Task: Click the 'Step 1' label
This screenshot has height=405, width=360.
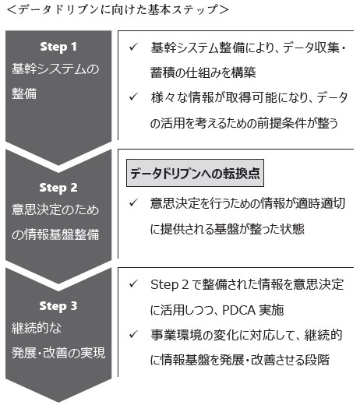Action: coord(58,48)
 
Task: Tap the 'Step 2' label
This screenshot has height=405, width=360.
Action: coord(58,188)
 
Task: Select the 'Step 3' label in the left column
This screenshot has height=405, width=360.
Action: coord(58,306)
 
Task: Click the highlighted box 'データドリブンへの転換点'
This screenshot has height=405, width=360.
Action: coord(195,173)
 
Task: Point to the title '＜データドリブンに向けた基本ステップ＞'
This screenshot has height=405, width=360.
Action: coord(118,10)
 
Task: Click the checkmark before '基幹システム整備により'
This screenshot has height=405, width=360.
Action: coord(133,47)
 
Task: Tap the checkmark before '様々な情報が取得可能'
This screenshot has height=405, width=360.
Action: coord(133,97)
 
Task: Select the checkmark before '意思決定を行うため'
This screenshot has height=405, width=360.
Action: coord(133,202)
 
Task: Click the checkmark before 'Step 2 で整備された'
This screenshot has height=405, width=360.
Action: coord(133,283)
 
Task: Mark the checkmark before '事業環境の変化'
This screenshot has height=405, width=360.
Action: coord(133,334)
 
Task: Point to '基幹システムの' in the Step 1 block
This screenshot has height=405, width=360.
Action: coord(55,69)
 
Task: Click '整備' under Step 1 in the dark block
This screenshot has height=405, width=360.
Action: coord(24,93)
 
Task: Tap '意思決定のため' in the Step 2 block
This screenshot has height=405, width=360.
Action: coord(55,210)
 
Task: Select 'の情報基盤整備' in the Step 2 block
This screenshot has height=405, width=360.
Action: coord(55,234)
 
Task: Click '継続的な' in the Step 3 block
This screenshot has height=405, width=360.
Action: coord(37,328)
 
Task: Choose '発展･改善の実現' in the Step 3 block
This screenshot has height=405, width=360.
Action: coord(58,353)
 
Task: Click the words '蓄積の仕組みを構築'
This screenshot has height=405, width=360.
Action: coord(203,72)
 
